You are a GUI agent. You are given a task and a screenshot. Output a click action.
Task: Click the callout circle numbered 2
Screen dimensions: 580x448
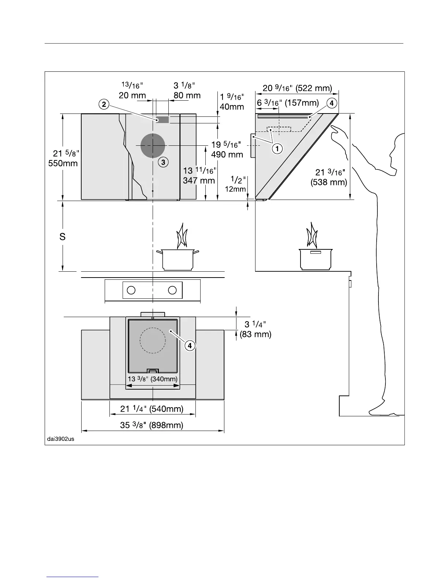pos(104,104)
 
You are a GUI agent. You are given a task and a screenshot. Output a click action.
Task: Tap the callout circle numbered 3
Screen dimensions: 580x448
pos(163,162)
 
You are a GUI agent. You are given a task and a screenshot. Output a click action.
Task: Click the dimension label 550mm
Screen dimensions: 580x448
pos(63,163)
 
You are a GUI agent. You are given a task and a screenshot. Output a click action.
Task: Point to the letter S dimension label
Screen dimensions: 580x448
pos(63,237)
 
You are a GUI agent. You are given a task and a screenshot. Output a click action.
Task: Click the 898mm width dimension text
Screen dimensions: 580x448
pos(152,425)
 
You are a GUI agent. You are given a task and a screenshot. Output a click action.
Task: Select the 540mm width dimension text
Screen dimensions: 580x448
pos(152,409)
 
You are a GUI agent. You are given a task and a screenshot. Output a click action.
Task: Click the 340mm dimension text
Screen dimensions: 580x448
pos(153,379)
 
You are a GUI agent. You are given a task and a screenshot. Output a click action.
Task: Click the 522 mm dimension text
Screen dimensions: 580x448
pos(297,88)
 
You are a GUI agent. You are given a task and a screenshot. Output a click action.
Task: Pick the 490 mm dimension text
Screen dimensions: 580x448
pos(227,155)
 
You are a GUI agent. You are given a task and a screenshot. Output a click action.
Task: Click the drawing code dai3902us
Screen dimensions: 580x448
pos(61,439)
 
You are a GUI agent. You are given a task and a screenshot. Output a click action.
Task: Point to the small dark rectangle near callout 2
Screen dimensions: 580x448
pos(162,120)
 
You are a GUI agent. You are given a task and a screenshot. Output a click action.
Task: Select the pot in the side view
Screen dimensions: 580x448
pos(316,259)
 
